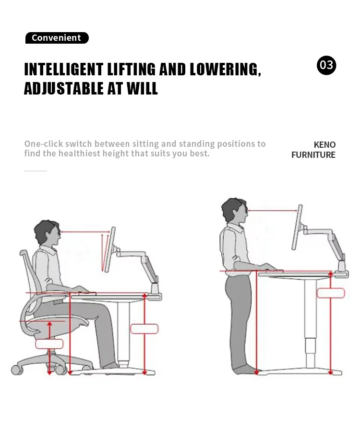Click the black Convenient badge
click(57, 38)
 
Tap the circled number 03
click(326, 65)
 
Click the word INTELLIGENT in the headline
click(63, 70)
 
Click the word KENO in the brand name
click(324, 144)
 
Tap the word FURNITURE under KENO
click(313, 155)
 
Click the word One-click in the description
click(43, 144)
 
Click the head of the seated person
click(48, 233)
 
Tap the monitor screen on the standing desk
click(297, 227)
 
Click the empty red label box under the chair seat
click(49, 343)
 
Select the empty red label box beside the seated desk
click(144, 329)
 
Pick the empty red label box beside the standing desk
click(330, 293)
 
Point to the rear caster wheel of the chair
click(17, 369)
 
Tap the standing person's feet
click(245, 369)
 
